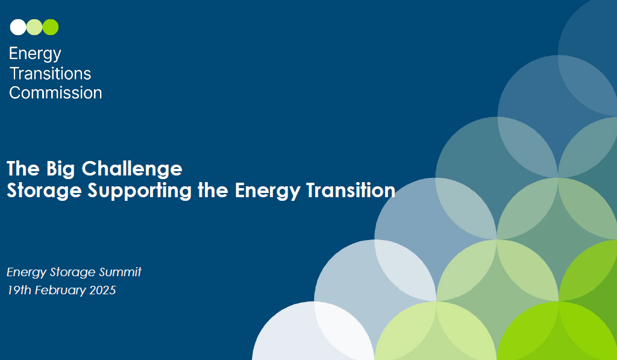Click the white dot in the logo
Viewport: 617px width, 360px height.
click(x=18, y=27)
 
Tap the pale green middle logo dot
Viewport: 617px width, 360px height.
click(x=34, y=27)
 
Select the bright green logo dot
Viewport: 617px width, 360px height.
click(x=51, y=27)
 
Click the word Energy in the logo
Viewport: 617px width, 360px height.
click(x=35, y=54)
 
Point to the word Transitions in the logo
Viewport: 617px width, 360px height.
click(x=51, y=74)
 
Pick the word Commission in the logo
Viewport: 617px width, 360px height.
click(x=55, y=93)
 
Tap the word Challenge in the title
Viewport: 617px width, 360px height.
click(x=132, y=169)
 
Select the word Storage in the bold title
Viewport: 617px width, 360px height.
click(x=44, y=191)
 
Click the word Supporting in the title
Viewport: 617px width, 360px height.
click(x=140, y=191)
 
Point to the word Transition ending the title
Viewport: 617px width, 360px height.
click(x=351, y=190)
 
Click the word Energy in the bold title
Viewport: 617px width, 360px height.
click(x=268, y=191)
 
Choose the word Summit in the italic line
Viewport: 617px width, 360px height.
click(x=120, y=272)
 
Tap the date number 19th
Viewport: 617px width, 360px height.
click(x=19, y=290)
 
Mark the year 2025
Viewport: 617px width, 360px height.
click(x=102, y=290)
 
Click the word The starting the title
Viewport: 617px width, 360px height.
click(x=23, y=169)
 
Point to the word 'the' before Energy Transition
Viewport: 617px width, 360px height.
click(x=213, y=190)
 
